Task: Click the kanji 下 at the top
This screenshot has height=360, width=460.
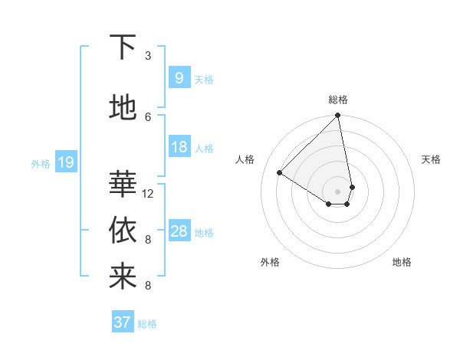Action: coord(123,48)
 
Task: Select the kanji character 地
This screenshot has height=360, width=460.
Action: coord(123,108)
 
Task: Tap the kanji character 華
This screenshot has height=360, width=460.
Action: coord(123,184)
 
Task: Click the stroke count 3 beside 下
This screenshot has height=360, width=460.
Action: coord(148,56)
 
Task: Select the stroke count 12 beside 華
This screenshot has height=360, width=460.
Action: coord(148,194)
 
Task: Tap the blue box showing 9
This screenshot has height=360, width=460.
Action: coord(179,78)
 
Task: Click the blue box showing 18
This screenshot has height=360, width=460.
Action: coord(179,147)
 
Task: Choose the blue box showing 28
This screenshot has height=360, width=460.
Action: coord(179,231)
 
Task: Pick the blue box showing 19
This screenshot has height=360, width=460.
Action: coord(65,162)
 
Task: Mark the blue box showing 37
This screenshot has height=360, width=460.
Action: coord(122,322)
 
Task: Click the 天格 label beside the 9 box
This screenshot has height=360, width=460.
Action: coord(204,80)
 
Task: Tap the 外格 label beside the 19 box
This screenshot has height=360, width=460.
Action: coord(41,163)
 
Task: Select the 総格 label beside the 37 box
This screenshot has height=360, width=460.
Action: coord(147,324)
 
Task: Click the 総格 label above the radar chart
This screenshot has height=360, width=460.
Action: coord(338,100)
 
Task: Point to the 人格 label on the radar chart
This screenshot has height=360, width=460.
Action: coord(245,159)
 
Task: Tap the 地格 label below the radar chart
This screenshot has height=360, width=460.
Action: coord(402,263)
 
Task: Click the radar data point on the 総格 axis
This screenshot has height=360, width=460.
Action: coord(337,116)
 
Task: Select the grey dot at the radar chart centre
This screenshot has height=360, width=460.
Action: coord(337,191)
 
